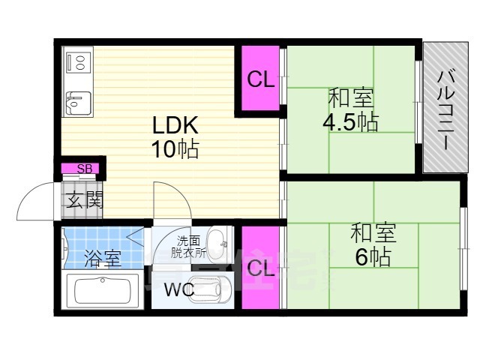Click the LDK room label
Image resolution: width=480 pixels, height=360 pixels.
tap(175, 124)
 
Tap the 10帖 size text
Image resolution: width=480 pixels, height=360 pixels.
tap(175, 149)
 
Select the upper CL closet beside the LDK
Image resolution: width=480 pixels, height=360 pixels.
tap(260, 79)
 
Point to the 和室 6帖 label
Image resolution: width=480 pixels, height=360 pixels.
tap(373, 245)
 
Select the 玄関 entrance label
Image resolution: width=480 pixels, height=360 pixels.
tap(83, 200)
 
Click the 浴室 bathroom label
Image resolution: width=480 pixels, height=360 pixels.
tap(103, 259)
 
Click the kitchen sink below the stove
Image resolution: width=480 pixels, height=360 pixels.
tap(76, 100)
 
